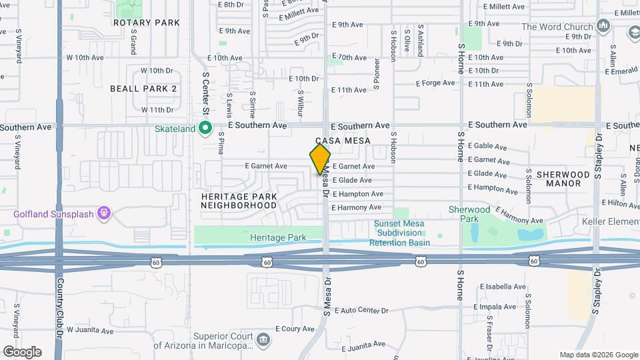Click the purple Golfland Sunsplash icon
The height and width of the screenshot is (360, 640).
(x=103, y=213)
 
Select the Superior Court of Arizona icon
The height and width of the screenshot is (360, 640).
(x=264, y=340)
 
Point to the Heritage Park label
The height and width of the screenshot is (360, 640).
(x=278, y=237)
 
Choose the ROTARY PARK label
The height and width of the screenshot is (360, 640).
(x=147, y=23)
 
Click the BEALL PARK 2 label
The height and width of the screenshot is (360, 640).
(x=143, y=89)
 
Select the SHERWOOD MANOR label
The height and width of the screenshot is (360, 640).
(x=563, y=179)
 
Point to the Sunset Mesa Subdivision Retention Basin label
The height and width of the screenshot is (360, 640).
(x=399, y=233)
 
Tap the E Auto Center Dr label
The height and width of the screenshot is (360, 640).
(x=361, y=311)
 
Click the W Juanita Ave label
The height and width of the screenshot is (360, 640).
(x=89, y=330)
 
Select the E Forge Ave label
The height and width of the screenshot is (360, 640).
(x=435, y=83)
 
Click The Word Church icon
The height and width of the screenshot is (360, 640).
(x=605, y=27)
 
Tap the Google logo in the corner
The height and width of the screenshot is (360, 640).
(x=21, y=351)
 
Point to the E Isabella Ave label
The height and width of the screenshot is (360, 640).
(x=502, y=287)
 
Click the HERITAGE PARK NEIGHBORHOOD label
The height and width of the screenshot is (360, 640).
(x=239, y=201)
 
